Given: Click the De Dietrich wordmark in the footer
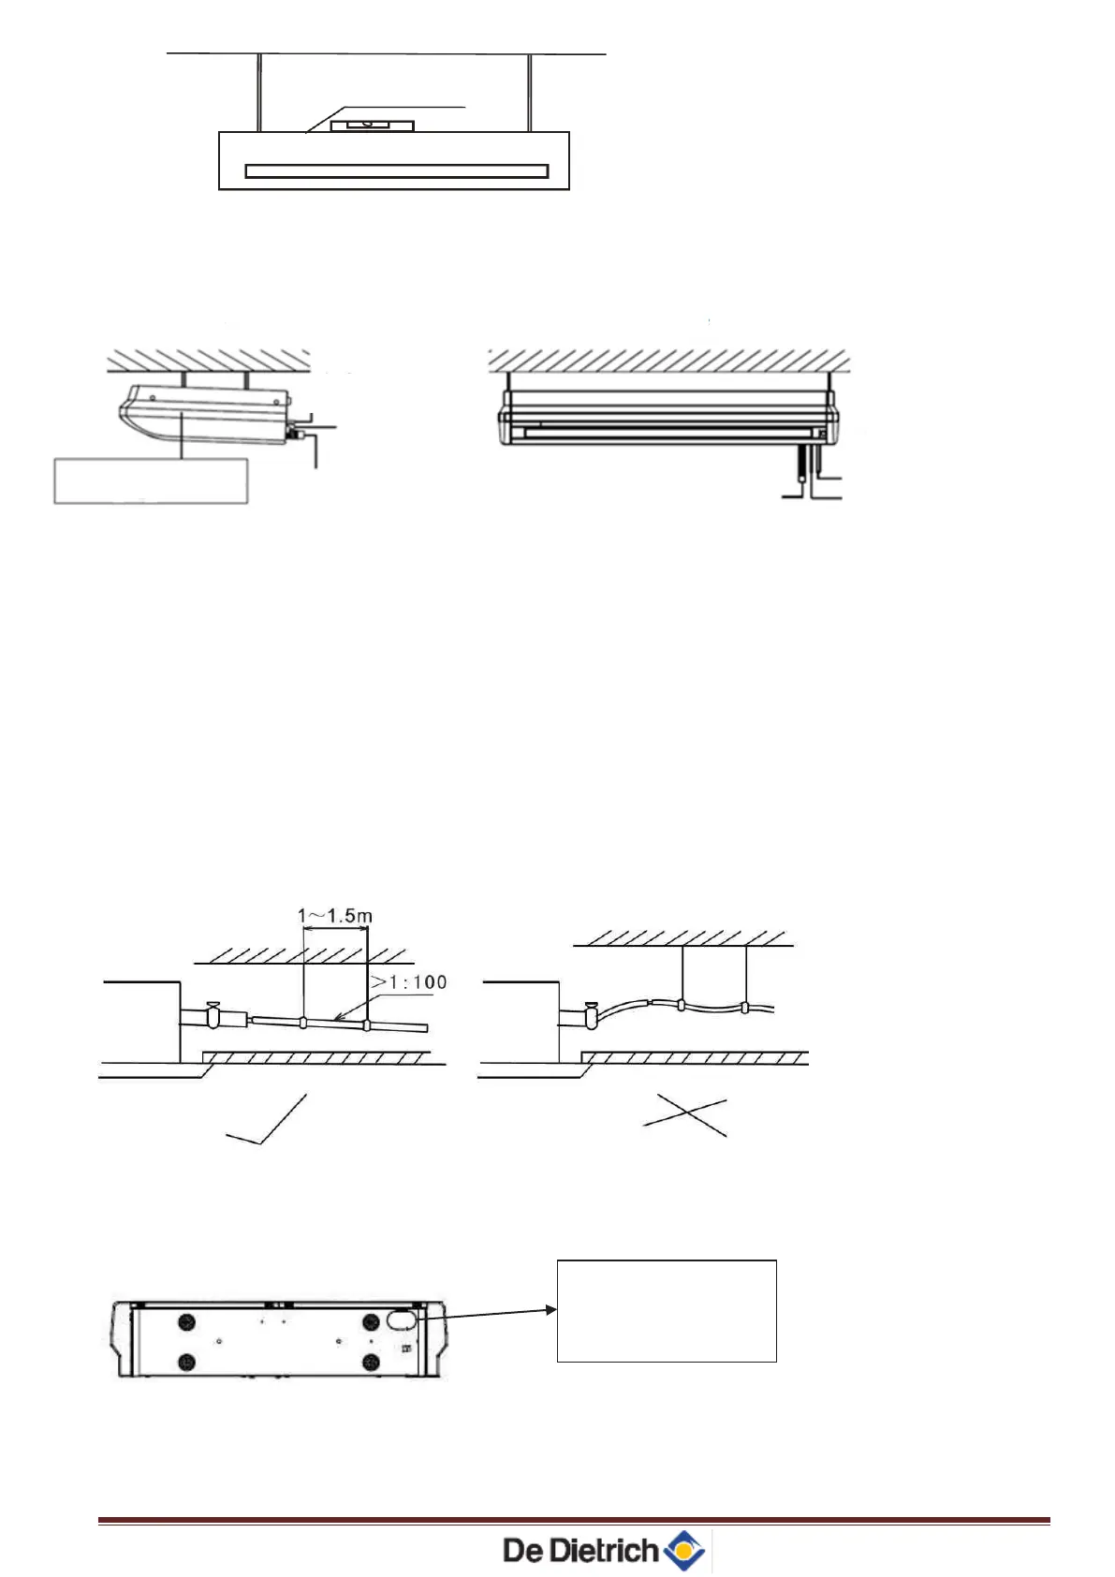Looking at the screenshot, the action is click(x=580, y=1551).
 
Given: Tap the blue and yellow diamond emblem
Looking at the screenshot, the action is click(x=685, y=1551).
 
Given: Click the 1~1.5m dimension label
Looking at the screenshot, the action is click(x=334, y=915).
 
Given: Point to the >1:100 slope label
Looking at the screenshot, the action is click(x=409, y=981).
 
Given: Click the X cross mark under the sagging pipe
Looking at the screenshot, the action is click(x=684, y=1114).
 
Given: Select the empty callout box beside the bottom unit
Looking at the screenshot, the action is click(x=667, y=1310).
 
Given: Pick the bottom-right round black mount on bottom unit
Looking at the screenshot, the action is click(x=371, y=1361).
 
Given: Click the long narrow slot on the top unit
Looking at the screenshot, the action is click(x=396, y=170).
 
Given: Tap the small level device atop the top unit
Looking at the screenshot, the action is click(x=372, y=124).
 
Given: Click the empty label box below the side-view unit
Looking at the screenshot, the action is click(x=151, y=480).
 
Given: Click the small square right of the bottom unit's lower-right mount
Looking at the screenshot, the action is click(x=406, y=1349).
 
